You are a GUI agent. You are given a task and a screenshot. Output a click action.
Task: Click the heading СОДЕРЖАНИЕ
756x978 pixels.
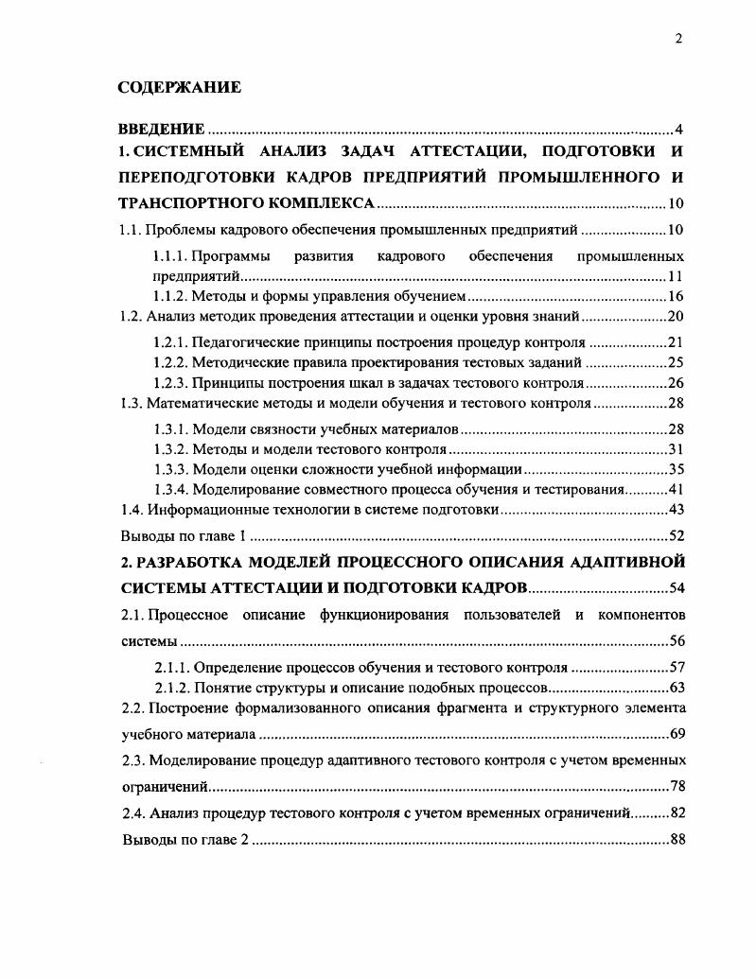[179, 88]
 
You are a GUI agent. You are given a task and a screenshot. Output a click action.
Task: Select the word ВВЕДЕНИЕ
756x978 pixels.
[161, 129]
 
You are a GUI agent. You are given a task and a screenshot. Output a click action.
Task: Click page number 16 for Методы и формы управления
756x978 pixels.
[676, 297]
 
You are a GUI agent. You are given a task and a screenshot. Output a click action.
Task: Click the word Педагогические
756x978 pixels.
[244, 342]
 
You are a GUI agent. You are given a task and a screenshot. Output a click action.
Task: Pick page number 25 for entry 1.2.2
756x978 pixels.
[676, 362]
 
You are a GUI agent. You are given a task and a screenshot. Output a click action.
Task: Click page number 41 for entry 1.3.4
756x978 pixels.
[676, 490]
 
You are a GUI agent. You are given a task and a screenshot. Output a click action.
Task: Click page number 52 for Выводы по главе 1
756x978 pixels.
[676, 535]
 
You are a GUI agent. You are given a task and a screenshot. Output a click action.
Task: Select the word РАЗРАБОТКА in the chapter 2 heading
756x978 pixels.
[194, 563]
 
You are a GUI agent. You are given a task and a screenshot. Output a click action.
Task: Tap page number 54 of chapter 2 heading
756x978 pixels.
[676, 588]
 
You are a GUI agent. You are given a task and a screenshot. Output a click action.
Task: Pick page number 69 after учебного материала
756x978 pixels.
[676, 734]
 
